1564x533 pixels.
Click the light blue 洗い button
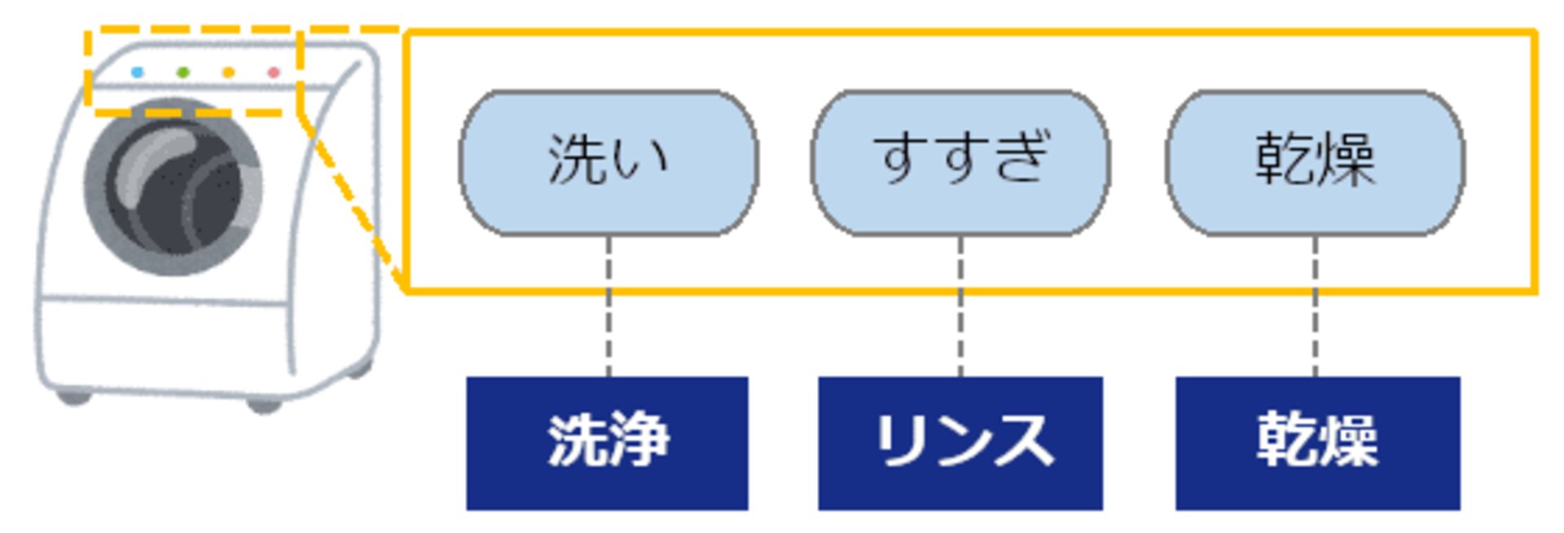(x=608, y=162)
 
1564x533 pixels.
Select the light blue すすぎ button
(x=960, y=162)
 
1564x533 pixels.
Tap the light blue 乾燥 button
(x=1315, y=162)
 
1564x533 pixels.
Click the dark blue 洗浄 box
(x=607, y=443)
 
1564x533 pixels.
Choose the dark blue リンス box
(x=960, y=443)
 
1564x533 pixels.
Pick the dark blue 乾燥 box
(x=1317, y=443)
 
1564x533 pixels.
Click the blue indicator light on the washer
(x=137, y=73)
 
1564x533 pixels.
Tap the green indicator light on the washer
(x=183, y=73)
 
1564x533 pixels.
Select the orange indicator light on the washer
(x=229, y=73)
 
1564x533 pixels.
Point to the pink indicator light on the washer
(x=274, y=73)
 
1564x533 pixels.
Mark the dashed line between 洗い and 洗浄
(x=608, y=326)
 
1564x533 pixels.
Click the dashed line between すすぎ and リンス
(x=960, y=326)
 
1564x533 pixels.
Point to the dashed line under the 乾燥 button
(x=1315, y=326)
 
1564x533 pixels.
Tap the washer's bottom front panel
(x=163, y=342)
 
